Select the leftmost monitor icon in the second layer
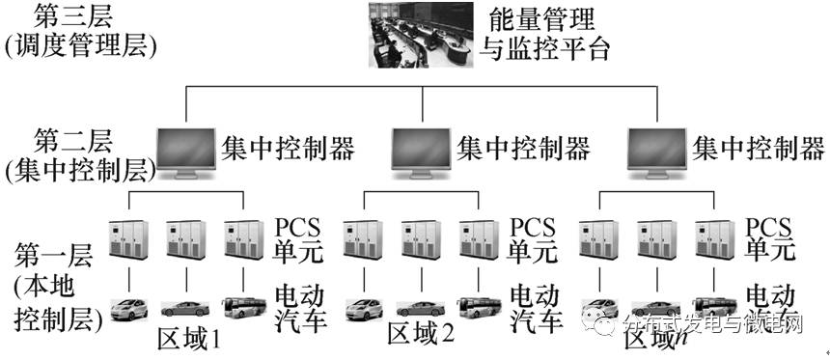pos(185,151)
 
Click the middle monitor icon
pos(421,151)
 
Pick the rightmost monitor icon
pos(657,151)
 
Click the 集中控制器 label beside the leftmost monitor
pos(289,148)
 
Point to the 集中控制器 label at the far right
pos(760,148)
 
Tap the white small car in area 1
pos(127,310)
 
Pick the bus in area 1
pos(243,308)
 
